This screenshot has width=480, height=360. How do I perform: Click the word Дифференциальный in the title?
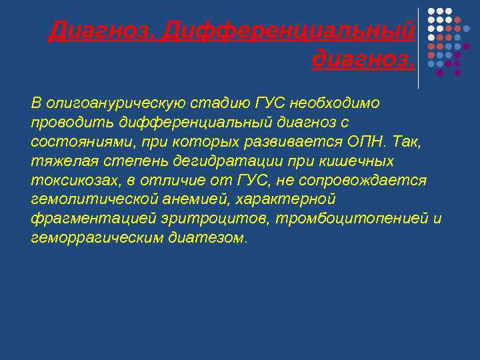(287, 30)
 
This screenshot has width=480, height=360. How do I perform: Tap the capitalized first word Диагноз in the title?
(101, 30)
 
